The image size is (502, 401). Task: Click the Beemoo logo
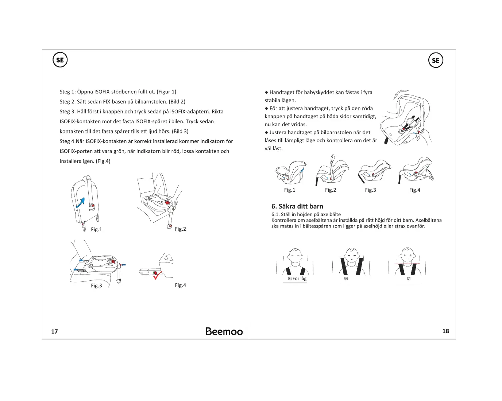224,331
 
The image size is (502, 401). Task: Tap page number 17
54,331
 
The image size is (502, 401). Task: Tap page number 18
445,331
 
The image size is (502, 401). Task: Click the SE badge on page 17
60,60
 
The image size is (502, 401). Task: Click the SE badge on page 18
436,61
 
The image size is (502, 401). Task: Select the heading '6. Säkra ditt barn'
297,206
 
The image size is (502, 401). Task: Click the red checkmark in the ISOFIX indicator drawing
157,276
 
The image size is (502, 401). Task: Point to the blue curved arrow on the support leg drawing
81,203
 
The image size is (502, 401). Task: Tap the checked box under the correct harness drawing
409,279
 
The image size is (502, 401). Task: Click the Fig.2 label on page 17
180,229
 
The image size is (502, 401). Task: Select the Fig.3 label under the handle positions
370,190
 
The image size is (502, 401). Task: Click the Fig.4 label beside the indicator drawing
180,285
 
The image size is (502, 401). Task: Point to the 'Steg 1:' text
67,92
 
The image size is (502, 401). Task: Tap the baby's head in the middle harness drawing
351,254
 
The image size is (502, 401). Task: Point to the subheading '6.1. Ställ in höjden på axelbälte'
306,214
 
